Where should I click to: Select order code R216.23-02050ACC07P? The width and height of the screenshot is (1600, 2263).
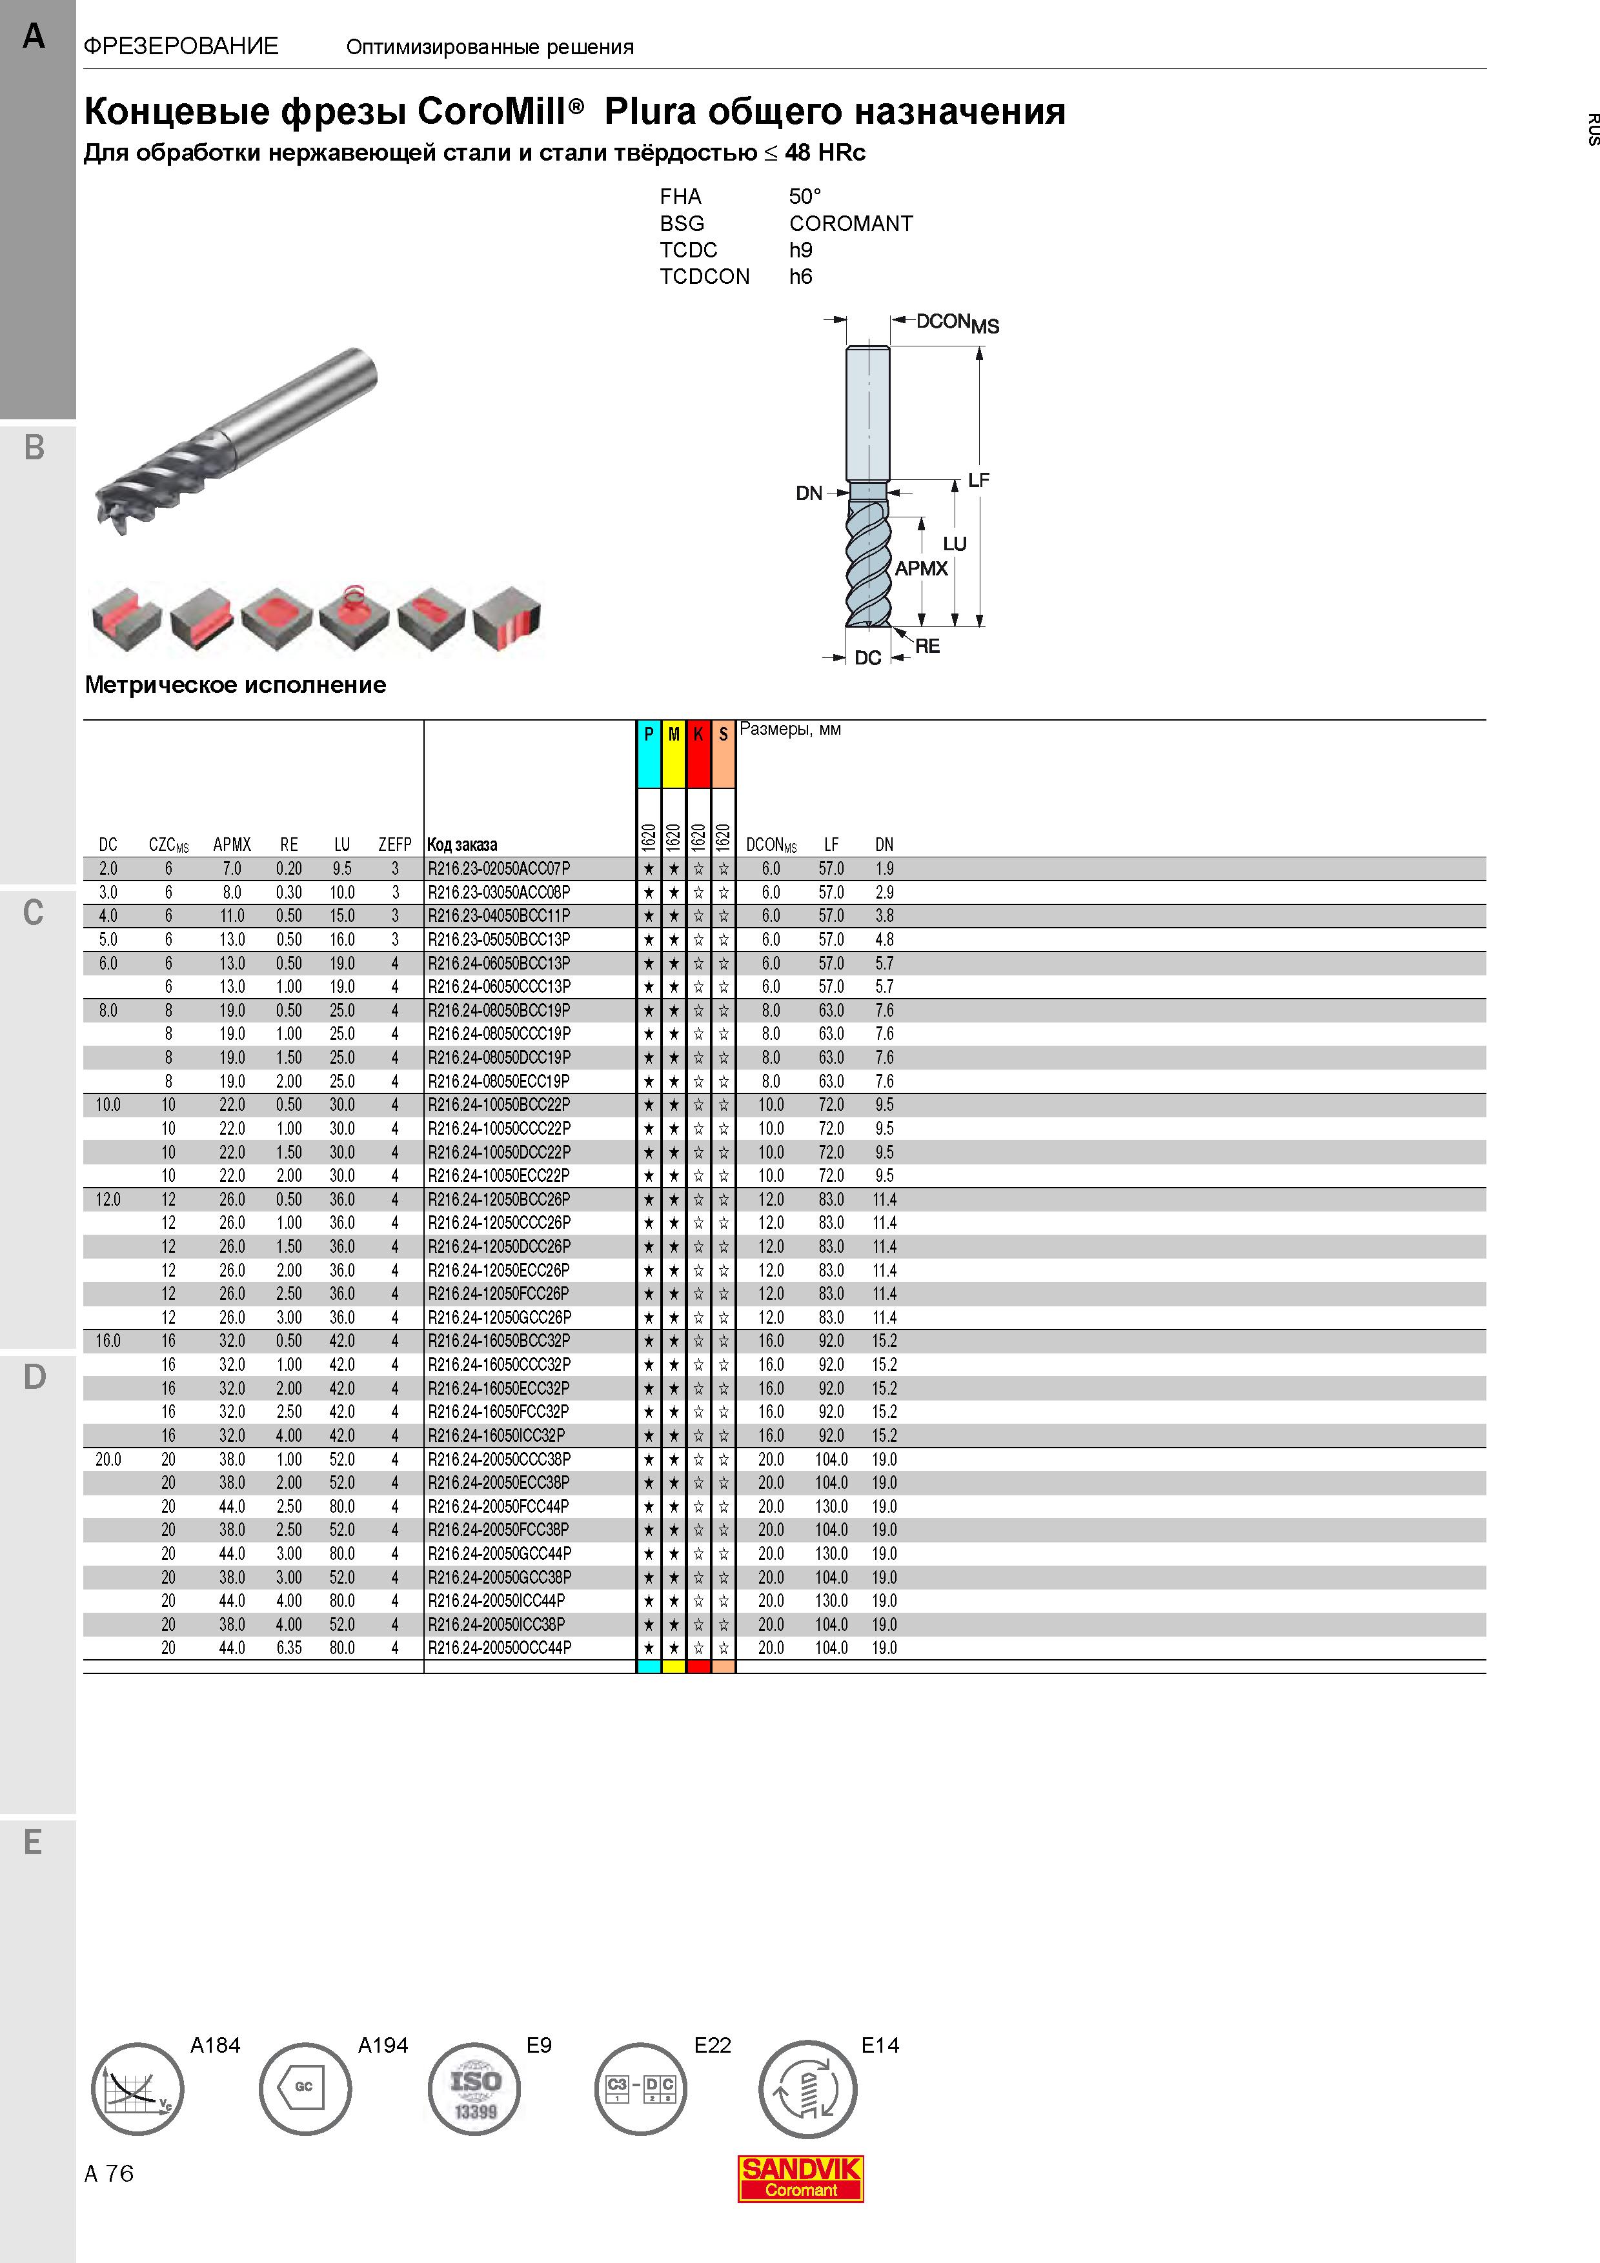[499, 868]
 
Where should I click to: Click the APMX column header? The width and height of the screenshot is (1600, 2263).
[232, 844]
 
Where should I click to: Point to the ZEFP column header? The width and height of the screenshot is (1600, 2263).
[395, 844]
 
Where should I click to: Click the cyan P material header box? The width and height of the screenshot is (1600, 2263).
[649, 754]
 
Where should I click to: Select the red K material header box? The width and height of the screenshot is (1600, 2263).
[698, 754]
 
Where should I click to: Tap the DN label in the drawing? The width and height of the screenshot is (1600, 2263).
[808, 493]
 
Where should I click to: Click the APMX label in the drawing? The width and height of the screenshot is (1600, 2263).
[921, 569]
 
